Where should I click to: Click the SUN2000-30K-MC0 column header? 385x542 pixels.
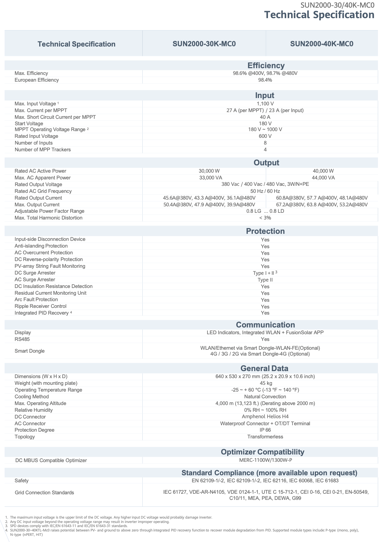[x=204, y=44]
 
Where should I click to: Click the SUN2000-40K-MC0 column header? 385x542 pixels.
[x=322, y=44]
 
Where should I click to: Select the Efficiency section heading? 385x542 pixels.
[x=266, y=66]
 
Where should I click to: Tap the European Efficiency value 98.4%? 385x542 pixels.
[x=265, y=80]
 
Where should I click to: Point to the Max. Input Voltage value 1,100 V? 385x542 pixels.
[x=265, y=104]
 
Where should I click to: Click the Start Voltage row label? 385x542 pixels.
[x=29, y=124]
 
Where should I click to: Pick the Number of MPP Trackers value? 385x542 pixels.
[x=265, y=150]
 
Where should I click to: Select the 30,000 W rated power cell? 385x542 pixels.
[x=209, y=171]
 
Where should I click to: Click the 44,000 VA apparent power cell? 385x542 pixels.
[x=323, y=178]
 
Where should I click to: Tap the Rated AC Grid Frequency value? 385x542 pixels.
[x=265, y=191]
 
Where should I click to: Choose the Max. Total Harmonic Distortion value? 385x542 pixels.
[x=265, y=218]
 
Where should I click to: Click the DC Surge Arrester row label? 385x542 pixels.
[x=35, y=273]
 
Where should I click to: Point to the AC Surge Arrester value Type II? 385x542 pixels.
[x=265, y=280]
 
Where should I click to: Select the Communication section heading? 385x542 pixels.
[x=265, y=325]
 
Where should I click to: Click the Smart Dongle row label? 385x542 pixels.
[x=30, y=351]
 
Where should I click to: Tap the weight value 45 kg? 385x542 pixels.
[x=265, y=383]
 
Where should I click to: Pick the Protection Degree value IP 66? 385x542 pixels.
[x=265, y=430]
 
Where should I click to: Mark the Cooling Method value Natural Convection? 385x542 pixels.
[x=265, y=397]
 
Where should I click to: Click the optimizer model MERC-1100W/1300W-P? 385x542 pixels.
[x=265, y=460]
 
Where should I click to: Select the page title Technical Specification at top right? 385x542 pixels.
[x=319, y=15]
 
